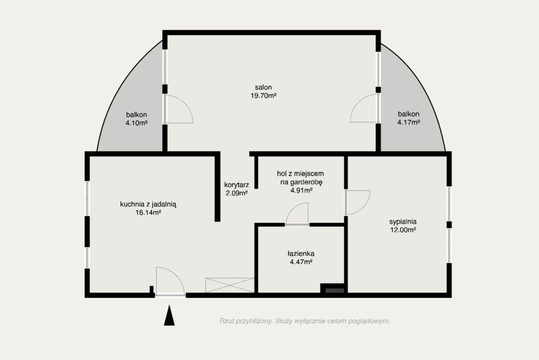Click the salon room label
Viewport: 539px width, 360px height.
(x=263, y=87)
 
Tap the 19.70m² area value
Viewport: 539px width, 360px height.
(x=263, y=96)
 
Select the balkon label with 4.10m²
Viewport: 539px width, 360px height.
(x=136, y=115)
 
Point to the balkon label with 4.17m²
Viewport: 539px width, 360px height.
(x=408, y=114)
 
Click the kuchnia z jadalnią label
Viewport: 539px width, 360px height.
(x=148, y=204)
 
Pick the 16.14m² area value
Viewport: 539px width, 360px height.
(x=148, y=213)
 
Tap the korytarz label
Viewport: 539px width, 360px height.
(x=236, y=185)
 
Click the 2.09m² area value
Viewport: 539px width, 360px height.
(x=236, y=193)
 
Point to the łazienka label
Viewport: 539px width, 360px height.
(x=301, y=254)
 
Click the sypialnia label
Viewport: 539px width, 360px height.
(x=403, y=222)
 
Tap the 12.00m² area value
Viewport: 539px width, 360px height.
(x=403, y=230)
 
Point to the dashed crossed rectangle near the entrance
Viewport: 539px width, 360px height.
(x=229, y=285)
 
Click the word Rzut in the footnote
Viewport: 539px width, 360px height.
(x=226, y=321)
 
